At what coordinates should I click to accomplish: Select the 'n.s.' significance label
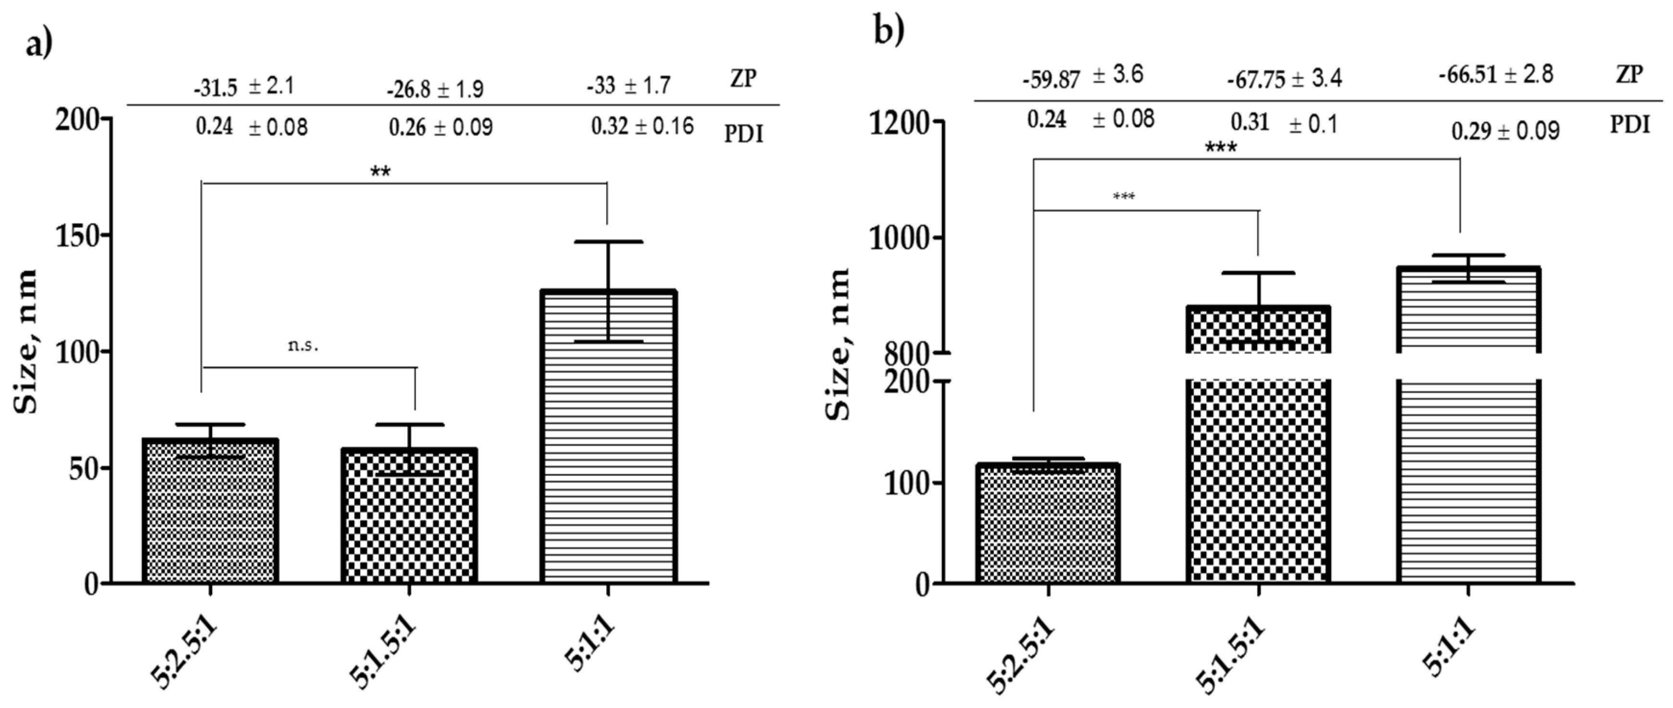click(x=303, y=346)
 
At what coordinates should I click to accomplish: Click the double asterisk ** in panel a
click(x=380, y=172)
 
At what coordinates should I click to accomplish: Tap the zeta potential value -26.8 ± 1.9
click(x=435, y=89)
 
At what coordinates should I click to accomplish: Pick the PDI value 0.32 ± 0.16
click(x=642, y=126)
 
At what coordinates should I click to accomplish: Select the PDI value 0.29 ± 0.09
click(x=1505, y=131)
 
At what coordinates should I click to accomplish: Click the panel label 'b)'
click(x=888, y=31)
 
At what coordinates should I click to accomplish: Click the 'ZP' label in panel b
click(x=1629, y=75)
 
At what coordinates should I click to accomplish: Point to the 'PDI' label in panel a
click(x=744, y=135)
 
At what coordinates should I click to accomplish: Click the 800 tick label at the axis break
click(x=908, y=355)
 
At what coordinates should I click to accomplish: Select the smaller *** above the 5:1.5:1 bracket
click(x=1124, y=196)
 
